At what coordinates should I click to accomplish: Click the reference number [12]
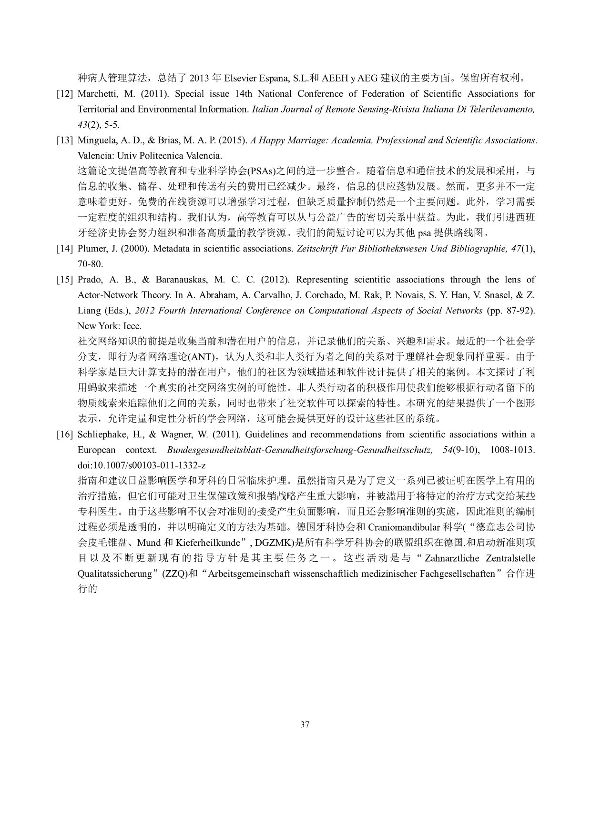(x=64, y=94)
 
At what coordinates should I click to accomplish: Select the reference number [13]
(x=64, y=141)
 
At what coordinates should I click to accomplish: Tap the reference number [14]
(x=64, y=249)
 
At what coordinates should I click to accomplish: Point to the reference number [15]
(x=64, y=280)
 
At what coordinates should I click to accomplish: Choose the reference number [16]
(x=64, y=434)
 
